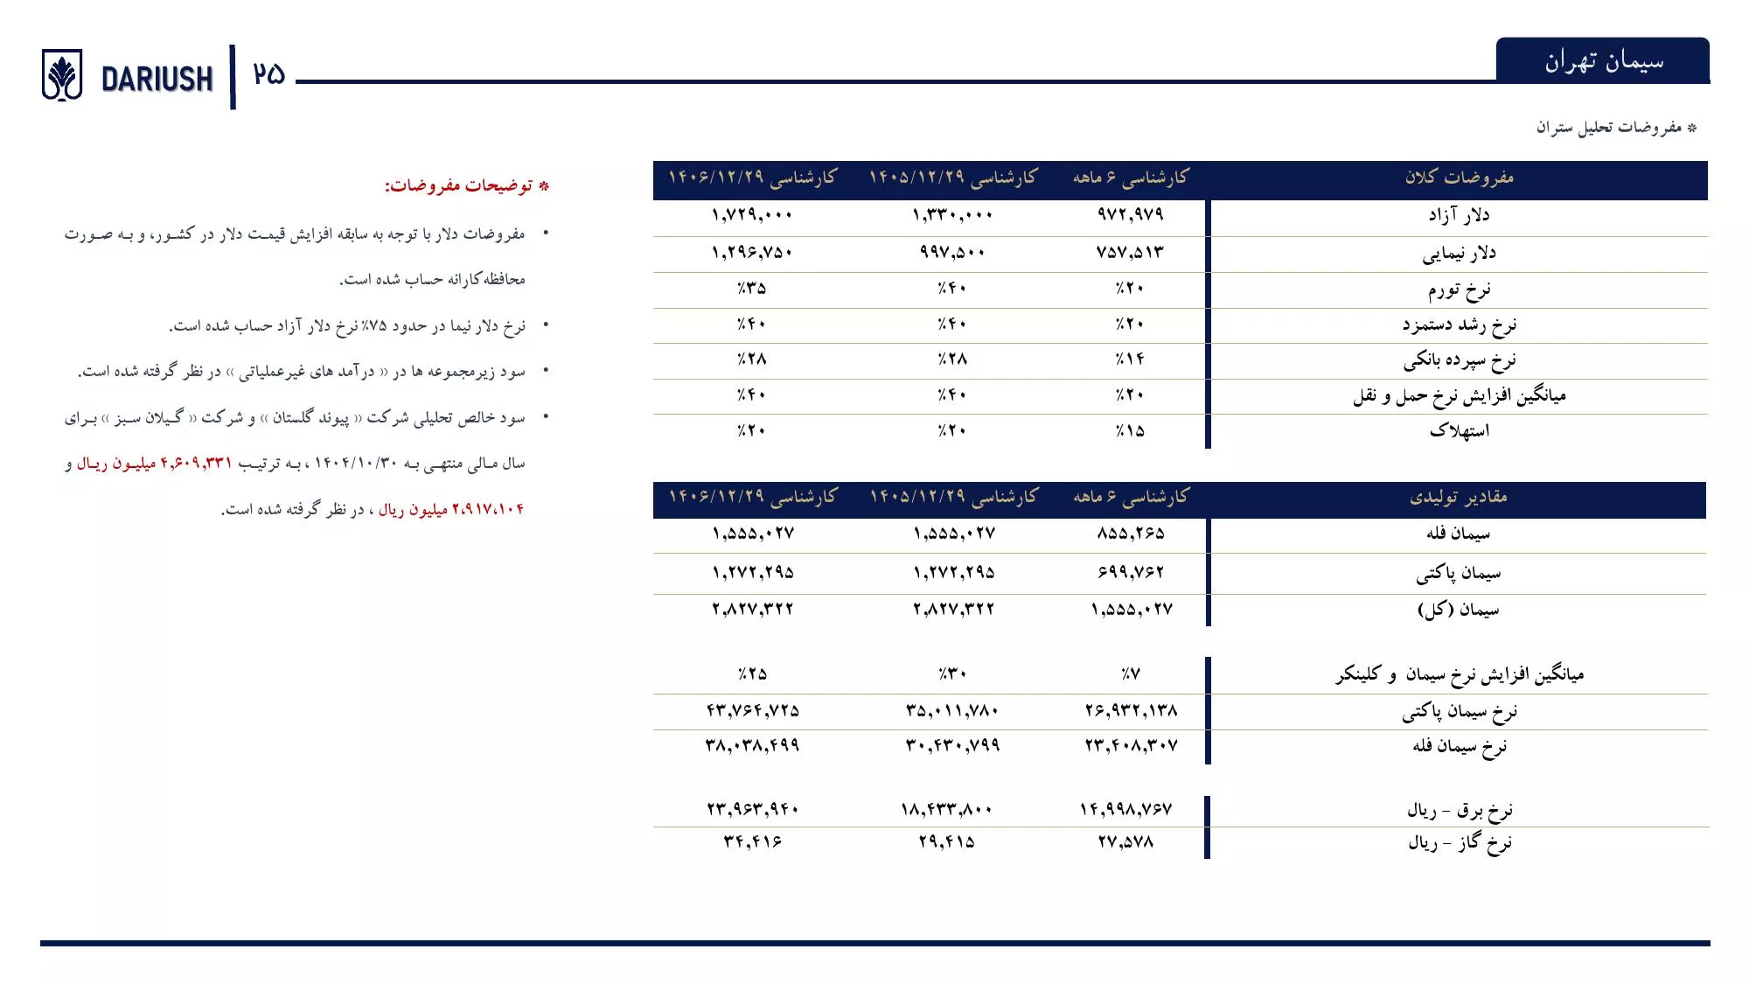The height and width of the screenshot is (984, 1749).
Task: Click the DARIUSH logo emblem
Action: (62, 75)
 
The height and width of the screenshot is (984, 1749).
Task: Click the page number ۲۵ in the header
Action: (269, 74)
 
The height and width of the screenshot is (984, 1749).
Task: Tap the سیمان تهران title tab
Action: (1603, 61)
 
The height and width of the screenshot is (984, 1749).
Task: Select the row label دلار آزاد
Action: (1459, 215)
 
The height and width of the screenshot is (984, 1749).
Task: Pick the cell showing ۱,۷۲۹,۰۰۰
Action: (752, 215)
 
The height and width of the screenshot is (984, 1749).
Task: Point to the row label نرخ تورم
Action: (1459, 290)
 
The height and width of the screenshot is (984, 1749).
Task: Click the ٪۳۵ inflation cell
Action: (752, 289)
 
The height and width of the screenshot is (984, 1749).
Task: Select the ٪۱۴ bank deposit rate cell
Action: (1130, 359)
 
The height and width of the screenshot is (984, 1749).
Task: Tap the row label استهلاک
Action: (1459, 430)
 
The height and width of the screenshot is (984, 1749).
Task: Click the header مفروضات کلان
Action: (1459, 178)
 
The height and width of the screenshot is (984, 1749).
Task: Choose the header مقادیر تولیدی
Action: (1459, 497)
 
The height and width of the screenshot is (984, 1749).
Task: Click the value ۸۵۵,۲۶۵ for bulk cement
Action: (1131, 534)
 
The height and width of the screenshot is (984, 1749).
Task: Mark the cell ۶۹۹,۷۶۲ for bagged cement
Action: (1131, 573)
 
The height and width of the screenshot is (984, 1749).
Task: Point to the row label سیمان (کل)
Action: (1459, 610)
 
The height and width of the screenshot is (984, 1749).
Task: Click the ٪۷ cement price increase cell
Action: (1131, 674)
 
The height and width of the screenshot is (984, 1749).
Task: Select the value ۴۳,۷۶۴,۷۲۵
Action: (753, 711)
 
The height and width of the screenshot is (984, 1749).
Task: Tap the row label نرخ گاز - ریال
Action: (1459, 843)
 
